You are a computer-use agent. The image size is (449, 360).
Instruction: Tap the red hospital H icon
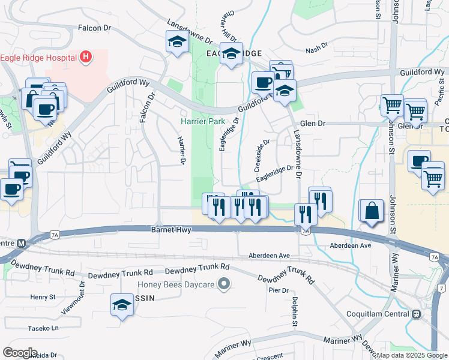[x=86, y=58]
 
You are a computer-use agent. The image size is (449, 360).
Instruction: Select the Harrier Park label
[x=202, y=122]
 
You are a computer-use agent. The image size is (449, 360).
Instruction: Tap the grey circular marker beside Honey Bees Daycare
[x=224, y=284]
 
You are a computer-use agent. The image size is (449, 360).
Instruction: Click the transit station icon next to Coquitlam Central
[x=416, y=314]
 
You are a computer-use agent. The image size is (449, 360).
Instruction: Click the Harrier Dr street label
[x=180, y=149]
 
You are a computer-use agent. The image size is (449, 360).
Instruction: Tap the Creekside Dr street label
[x=262, y=154]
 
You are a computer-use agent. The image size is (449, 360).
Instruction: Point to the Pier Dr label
[x=279, y=290]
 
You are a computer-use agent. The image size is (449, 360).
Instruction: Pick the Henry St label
[x=43, y=296]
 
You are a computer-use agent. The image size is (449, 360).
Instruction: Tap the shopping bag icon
[x=372, y=211]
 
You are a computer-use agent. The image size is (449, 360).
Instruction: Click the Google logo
[x=20, y=353]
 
